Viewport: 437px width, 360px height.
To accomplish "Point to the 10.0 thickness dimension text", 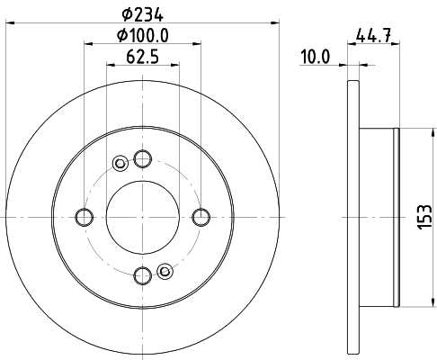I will tap(317, 58).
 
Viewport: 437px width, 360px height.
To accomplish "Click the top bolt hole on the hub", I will tap(142, 158).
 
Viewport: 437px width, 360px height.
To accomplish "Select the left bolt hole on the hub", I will tap(85, 216).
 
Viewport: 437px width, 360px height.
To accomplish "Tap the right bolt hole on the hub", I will tap(201, 216).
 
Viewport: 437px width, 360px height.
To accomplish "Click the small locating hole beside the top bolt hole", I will tap(120, 163).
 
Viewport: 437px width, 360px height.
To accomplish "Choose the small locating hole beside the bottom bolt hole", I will tap(165, 270).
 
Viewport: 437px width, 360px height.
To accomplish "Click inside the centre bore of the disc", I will tap(142, 216).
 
